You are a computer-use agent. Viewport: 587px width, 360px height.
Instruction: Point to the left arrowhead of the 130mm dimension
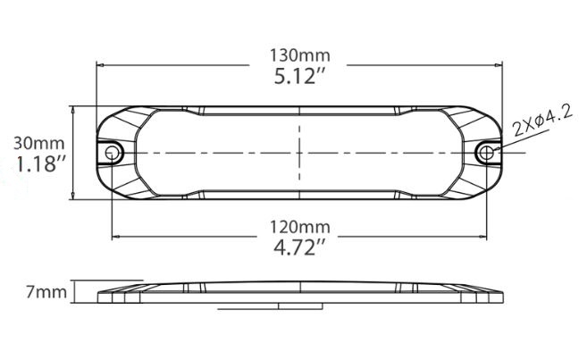(101, 65)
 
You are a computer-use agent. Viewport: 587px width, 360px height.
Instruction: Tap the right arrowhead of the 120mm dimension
(481, 237)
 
